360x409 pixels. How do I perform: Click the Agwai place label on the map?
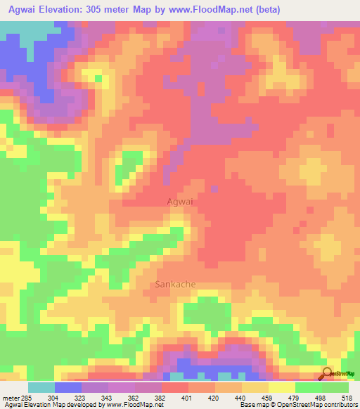click(x=179, y=201)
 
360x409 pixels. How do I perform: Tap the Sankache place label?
click(x=174, y=285)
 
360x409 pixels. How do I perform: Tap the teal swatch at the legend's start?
click(x=41, y=387)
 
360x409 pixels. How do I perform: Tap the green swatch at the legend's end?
click(x=335, y=387)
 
